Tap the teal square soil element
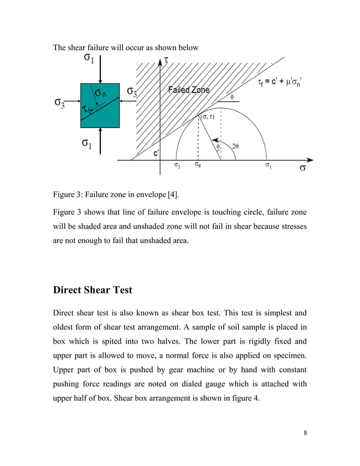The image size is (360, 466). (x=100, y=105)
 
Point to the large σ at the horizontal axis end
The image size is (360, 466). (x=303, y=168)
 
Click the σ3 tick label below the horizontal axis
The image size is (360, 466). (x=177, y=166)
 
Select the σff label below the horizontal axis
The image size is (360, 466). (x=197, y=166)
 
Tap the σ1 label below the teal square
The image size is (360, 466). (x=87, y=143)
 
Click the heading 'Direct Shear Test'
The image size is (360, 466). (x=92, y=290)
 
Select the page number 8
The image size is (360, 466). (x=305, y=434)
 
